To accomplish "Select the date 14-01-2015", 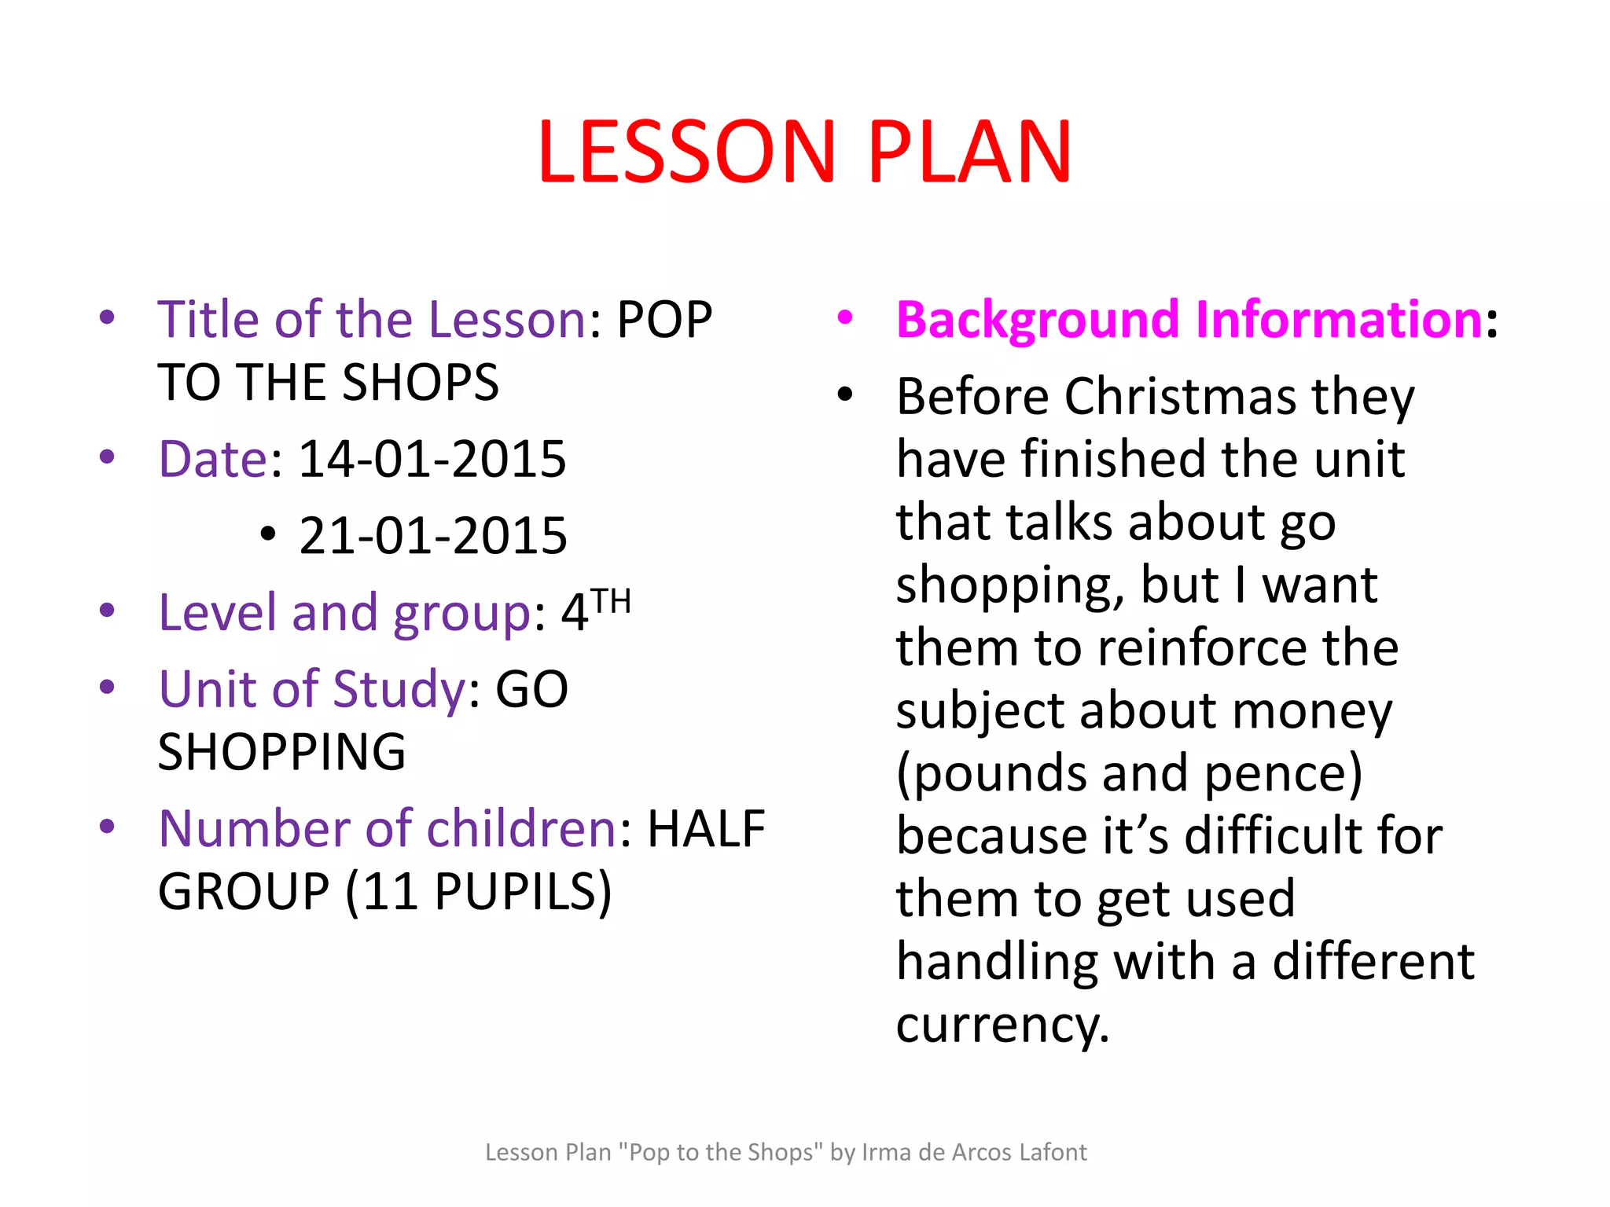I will click(432, 459).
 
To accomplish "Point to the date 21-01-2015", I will click(433, 536).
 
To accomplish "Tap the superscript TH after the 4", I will click(611, 602).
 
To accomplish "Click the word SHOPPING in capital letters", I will click(281, 752).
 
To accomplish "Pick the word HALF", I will click(705, 829).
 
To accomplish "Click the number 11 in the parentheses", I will click(390, 892).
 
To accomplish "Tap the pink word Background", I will click(1038, 320).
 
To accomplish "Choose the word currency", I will click(1002, 1025).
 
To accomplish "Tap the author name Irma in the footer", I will click(884, 1152).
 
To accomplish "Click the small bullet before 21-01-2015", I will click(268, 534).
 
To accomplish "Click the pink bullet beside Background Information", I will click(845, 317).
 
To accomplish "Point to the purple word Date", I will click(213, 459).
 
